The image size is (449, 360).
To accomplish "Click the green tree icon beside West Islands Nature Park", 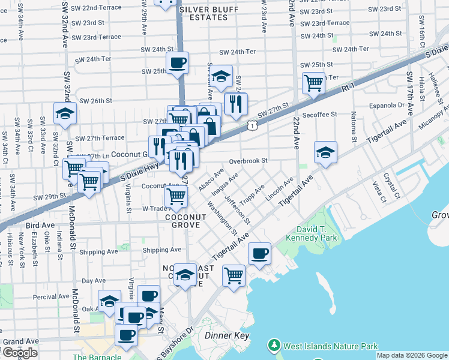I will pos(274,346).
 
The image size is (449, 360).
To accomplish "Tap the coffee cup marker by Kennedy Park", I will pos(259,253).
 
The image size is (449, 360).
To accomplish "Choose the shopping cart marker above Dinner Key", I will pos(234,275).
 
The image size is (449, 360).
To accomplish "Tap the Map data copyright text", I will pos(411,355).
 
